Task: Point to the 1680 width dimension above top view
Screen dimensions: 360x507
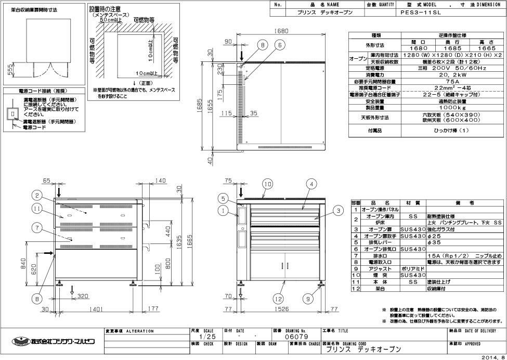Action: [x=281, y=31]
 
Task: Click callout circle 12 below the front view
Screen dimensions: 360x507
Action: [x=277, y=299]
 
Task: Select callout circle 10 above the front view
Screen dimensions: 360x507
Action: [x=267, y=184]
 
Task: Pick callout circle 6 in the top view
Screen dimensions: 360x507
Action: [x=280, y=45]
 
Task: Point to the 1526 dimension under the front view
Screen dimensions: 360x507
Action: [x=281, y=308]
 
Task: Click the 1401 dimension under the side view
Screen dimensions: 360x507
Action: [x=94, y=308]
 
